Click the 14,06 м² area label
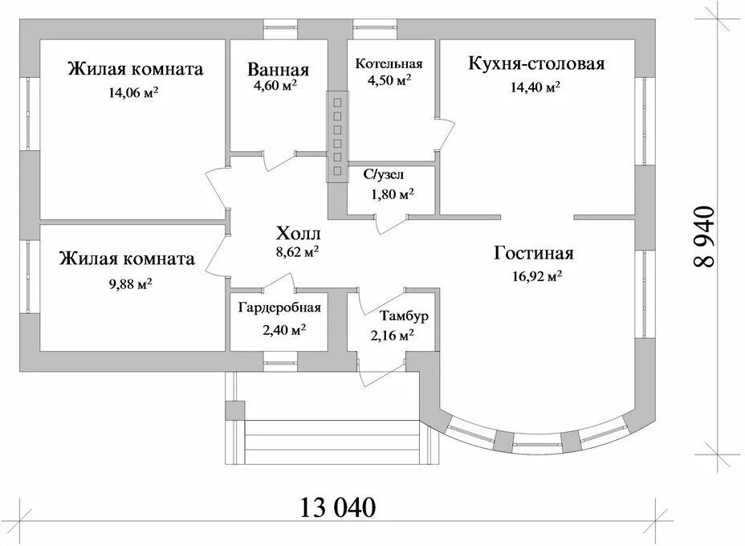point(133,92)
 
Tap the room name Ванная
point(278,70)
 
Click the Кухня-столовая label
point(535,63)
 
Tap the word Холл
point(298,234)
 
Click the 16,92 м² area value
point(533,277)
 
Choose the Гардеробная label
point(279,308)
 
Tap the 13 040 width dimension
point(338,507)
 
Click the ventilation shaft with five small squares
point(336,136)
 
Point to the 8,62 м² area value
point(297,251)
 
